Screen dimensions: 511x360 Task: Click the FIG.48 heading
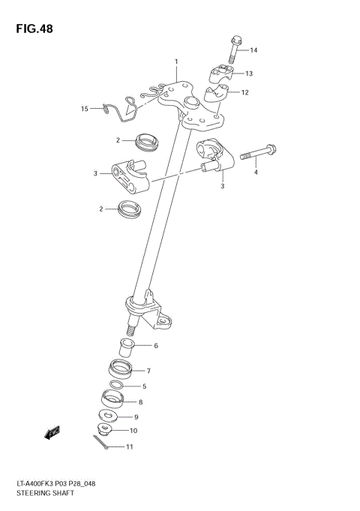tap(32, 29)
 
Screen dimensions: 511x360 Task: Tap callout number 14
tap(253, 50)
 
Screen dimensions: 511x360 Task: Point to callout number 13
tap(249, 74)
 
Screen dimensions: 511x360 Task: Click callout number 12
tap(244, 93)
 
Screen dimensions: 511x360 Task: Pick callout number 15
tap(85, 109)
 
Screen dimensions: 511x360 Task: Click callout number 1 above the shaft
tap(176, 62)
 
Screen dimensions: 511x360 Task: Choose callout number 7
tap(148, 371)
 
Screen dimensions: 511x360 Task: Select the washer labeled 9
tap(108, 416)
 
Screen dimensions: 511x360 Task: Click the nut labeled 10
tap(106, 431)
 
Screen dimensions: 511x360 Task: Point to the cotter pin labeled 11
tap(107, 448)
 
